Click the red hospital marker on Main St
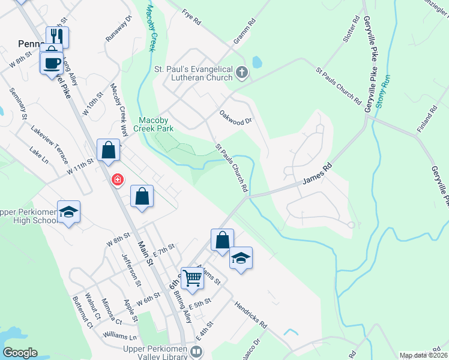118,179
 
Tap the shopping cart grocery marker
192,278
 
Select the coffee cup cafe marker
52,62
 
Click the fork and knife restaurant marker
58,36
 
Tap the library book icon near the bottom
196,350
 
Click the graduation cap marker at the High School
69,212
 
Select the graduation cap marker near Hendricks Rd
241,258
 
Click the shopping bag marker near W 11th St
108,150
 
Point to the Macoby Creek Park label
164,124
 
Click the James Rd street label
317,175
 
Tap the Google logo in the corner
20,353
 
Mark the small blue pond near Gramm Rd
258,62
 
